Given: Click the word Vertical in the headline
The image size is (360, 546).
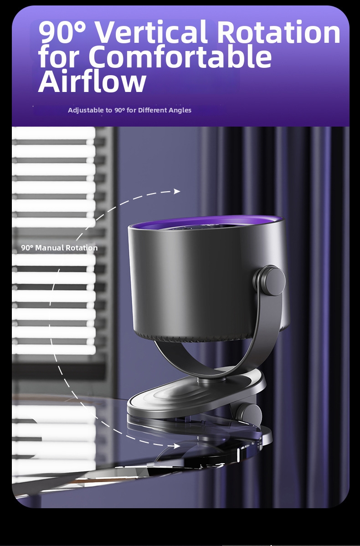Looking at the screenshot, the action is point(151,32).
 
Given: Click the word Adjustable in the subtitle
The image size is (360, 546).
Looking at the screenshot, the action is point(85,110).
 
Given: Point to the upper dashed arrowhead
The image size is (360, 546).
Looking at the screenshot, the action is point(177,191).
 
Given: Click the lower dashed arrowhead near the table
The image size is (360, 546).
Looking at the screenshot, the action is point(177,445).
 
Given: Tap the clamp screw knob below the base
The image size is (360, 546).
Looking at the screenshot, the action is point(249,413).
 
